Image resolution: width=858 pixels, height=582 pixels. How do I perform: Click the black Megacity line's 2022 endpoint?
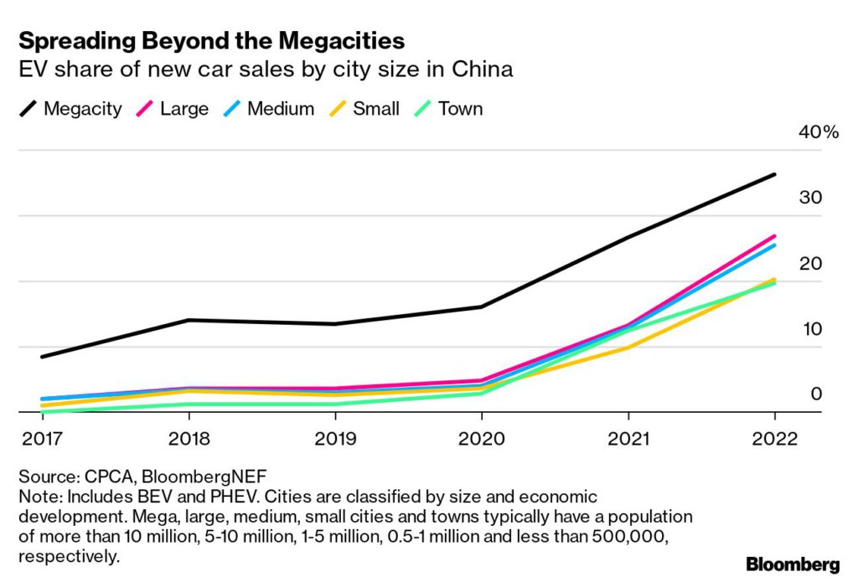[774, 174]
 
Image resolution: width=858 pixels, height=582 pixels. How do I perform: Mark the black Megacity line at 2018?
[189, 320]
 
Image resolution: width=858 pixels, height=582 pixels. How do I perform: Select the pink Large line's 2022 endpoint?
[774, 236]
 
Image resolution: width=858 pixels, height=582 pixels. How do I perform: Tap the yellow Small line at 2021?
[628, 348]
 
